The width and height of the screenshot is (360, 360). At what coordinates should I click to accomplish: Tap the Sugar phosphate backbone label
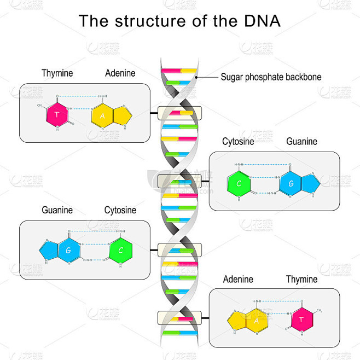pos(270,77)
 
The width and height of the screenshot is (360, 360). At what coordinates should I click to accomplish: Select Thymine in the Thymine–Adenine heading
pos(57,73)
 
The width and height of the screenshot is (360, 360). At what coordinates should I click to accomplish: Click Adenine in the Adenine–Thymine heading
pos(238,280)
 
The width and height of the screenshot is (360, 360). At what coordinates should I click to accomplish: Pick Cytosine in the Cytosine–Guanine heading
pos(238,142)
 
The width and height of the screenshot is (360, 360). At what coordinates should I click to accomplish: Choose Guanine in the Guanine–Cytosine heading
pos(57,210)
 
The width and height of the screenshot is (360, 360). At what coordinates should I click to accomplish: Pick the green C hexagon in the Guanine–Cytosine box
pos(120,251)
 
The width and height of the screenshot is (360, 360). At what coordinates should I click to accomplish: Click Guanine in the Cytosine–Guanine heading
pos(301,142)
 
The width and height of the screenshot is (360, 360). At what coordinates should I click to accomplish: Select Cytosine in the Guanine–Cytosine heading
pos(120,210)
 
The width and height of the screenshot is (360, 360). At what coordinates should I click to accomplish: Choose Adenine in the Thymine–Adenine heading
pos(120,73)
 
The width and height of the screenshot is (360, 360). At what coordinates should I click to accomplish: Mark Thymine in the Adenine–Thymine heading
pos(301,280)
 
